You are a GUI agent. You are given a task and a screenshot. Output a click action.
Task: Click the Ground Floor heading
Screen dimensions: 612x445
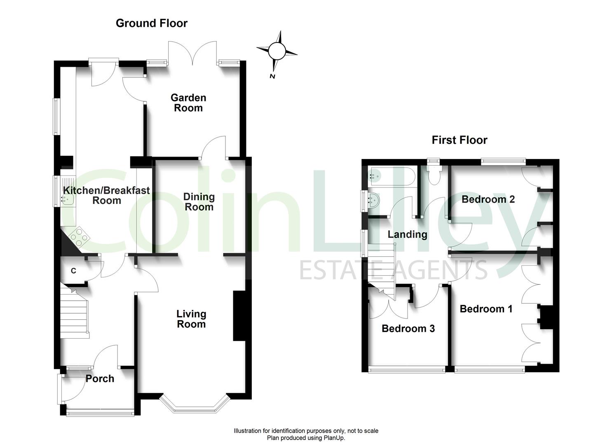click(152, 23)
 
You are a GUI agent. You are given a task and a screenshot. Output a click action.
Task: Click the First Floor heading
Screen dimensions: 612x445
click(460, 140)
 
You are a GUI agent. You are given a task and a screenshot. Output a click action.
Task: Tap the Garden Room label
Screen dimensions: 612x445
click(188, 103)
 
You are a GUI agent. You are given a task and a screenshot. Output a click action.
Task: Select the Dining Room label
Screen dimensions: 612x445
click(199, 201)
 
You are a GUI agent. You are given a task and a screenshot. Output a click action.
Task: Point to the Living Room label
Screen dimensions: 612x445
click(191, 319)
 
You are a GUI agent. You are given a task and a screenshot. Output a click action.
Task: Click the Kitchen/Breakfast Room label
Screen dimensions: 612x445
click(107, 195)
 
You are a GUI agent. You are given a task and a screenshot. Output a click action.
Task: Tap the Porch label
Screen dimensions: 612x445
click(100, 379)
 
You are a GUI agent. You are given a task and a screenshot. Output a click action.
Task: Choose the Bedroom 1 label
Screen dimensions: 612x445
click(486, 309)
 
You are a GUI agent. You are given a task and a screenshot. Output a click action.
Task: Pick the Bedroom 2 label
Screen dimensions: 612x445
click(488, 199)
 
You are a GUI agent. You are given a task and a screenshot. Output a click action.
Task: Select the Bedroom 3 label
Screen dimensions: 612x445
click(408, 328)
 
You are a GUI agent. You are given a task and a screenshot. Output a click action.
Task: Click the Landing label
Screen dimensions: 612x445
click(407, 234)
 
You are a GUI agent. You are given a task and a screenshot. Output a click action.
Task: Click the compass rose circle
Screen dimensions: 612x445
click(277, 51)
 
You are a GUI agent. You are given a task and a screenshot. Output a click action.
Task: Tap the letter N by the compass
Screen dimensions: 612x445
click(272, 76)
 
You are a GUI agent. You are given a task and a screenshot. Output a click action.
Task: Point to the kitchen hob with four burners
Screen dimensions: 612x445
click(79, 237)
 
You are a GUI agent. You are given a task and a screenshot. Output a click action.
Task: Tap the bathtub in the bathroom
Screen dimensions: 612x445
click(392, 176)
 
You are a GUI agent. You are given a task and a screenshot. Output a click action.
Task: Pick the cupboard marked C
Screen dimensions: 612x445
click(73, 270)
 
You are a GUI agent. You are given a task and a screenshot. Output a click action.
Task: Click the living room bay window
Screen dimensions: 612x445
click(195, 406)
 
